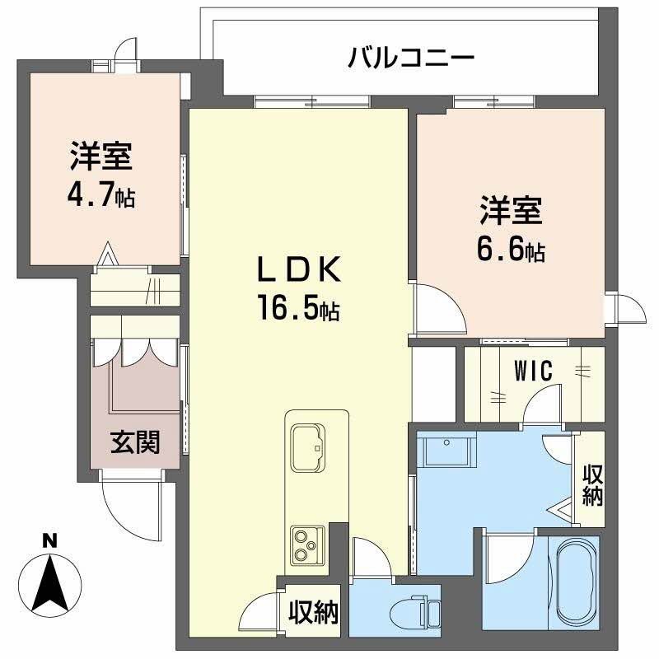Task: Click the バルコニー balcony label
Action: [x=410, y=58]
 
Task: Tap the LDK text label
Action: [x=297, y=269]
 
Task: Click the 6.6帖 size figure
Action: [x=511, y=250]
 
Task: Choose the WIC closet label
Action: [x=535, y=372]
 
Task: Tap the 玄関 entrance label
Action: [x=135, y=442]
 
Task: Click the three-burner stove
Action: [x=306, y=545]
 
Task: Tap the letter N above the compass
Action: [x=50, y=541]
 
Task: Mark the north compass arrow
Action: [x=51, y=581]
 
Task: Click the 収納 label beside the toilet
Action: [x=313, y=612]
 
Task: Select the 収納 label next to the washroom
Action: [x=592, y=485]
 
